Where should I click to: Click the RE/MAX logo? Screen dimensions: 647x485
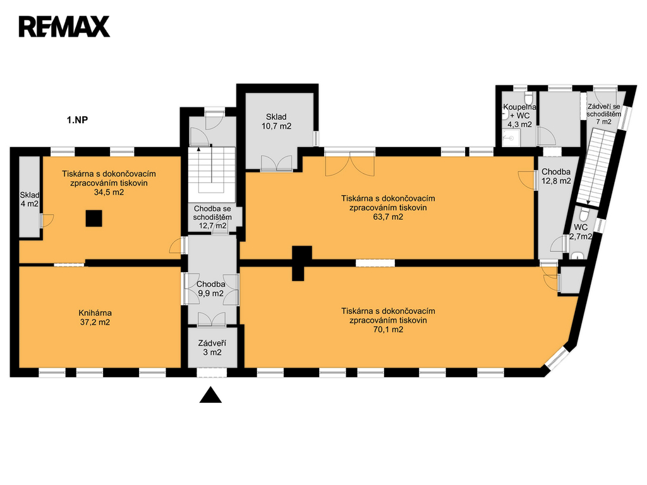tap(64, 27)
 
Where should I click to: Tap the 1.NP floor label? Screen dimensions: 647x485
tap(77, 120)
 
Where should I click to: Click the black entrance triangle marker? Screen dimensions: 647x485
tap(210, 395)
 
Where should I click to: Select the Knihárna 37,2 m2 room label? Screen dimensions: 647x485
tap(95, 318)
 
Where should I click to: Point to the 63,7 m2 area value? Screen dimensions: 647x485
tap(388, 217)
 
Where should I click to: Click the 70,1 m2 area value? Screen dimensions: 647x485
tap(388, 330)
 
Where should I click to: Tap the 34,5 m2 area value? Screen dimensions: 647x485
tap(109, 192)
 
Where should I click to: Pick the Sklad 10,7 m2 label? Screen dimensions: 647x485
tap(276, 122)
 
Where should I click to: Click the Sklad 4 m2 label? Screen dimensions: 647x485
tap(29, 199)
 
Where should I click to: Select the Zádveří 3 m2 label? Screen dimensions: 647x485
tap(212, 348)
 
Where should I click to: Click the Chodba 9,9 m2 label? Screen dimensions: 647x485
tap(210, 289)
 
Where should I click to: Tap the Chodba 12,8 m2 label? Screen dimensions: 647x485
tap(556, 176)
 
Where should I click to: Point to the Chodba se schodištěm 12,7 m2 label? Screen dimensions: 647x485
tap(212, 217)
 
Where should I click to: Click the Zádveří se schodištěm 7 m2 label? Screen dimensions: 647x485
tap(603, 114)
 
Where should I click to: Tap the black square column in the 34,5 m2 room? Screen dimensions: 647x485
tap(94, 218)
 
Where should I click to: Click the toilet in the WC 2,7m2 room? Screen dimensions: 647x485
tap(584, 215)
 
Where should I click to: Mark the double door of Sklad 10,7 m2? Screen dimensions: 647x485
tap(277, 163)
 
